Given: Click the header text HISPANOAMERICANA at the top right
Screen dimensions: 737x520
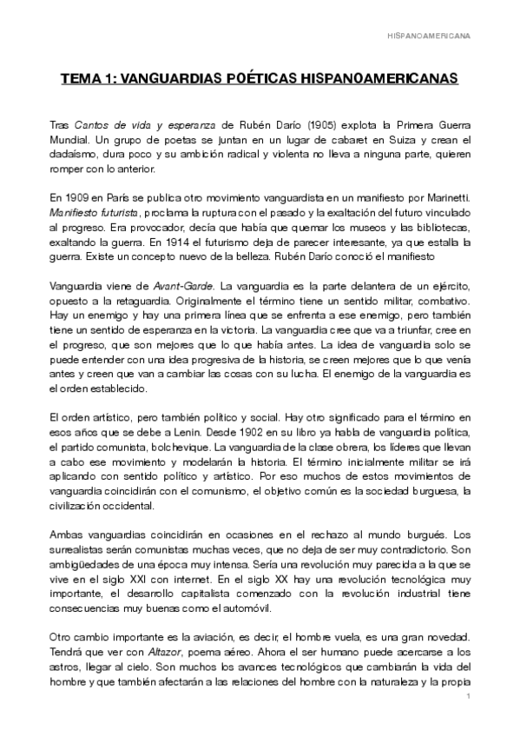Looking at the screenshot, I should point(440,37).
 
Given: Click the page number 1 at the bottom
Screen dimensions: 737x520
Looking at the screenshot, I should point(468,698).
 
